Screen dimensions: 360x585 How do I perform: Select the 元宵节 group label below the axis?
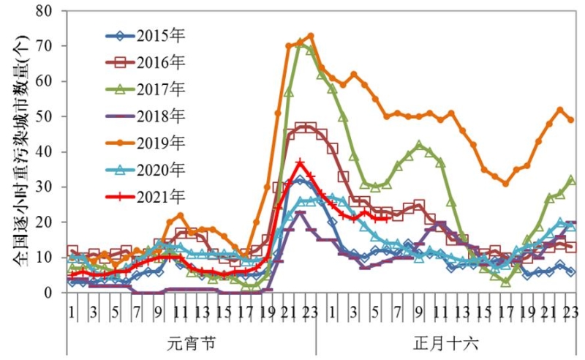[192, 342]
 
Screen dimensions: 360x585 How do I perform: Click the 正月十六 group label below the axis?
[446, 342]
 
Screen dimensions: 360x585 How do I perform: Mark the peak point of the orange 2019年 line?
[310, 35]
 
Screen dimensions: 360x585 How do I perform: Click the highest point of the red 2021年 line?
[300, 162]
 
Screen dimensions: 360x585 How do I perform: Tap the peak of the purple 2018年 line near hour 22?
[300, 213]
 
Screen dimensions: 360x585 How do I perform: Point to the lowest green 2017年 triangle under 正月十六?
[506, 281]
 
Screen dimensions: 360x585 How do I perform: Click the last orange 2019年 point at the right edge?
[571, 120]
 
